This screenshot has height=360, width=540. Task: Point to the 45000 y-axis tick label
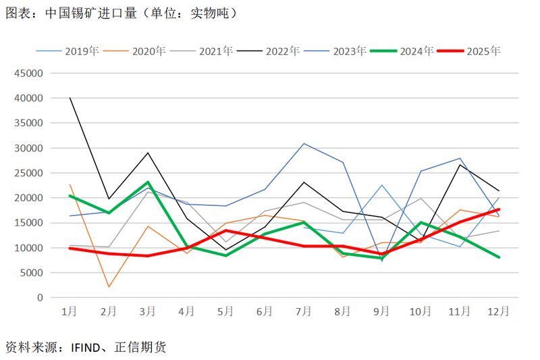pyautogui.click(x=29, y=73)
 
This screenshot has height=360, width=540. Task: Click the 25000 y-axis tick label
pyautogui.click(x=29, y=173)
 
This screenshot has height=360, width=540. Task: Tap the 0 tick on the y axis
pyautogui.click(x=40, y=298)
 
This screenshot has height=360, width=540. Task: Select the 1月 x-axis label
pyautogui.click(x=70, y=311)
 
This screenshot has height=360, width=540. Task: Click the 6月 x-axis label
pyautogui.click(x=265, y=311)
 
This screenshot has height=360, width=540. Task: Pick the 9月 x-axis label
pyautogui.click(x=381, y=311)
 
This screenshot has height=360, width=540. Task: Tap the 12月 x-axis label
pyautogui.click(x=498, y=311)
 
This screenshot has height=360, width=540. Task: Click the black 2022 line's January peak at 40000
pyautogui.click(x=70, y=98)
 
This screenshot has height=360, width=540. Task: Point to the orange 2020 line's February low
pyautogui.click(x=109, y=287)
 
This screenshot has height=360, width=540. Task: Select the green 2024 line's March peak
pyautogui.click(x=148, y=182)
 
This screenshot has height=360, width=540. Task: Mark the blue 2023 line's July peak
pyautogui.click(x=304, y=143)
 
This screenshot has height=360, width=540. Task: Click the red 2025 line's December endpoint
pyautogui.click(x=498, y=209)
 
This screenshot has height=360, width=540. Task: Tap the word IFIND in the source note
pyautogui.click(x=86, y=348)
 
